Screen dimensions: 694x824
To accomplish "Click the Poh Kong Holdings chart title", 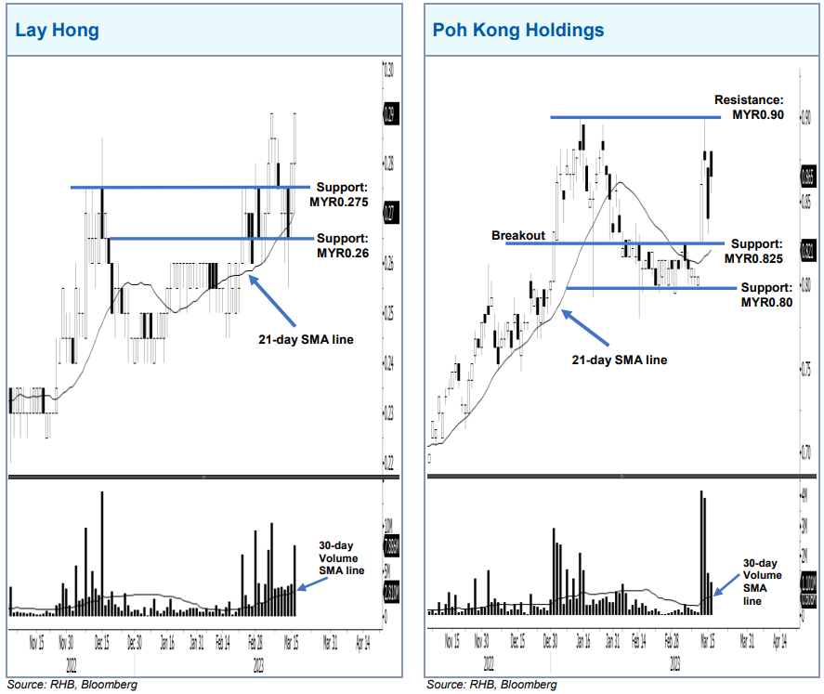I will coord(517,31).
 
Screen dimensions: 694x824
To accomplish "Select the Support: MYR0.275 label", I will coord(343,194).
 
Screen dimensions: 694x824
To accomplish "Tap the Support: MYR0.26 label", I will coord(343,245).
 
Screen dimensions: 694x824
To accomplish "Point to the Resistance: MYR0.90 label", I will coord(749,107).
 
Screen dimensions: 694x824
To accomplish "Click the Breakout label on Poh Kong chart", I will coord(517,236).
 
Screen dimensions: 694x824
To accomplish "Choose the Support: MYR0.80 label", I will coord(766,295).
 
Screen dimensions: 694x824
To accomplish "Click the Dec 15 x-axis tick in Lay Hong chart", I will coord(100,641).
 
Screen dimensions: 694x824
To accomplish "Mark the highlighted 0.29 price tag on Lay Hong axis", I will coord(389,116).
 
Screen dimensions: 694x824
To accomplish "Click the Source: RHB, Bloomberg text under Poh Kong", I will coord(491,685).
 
